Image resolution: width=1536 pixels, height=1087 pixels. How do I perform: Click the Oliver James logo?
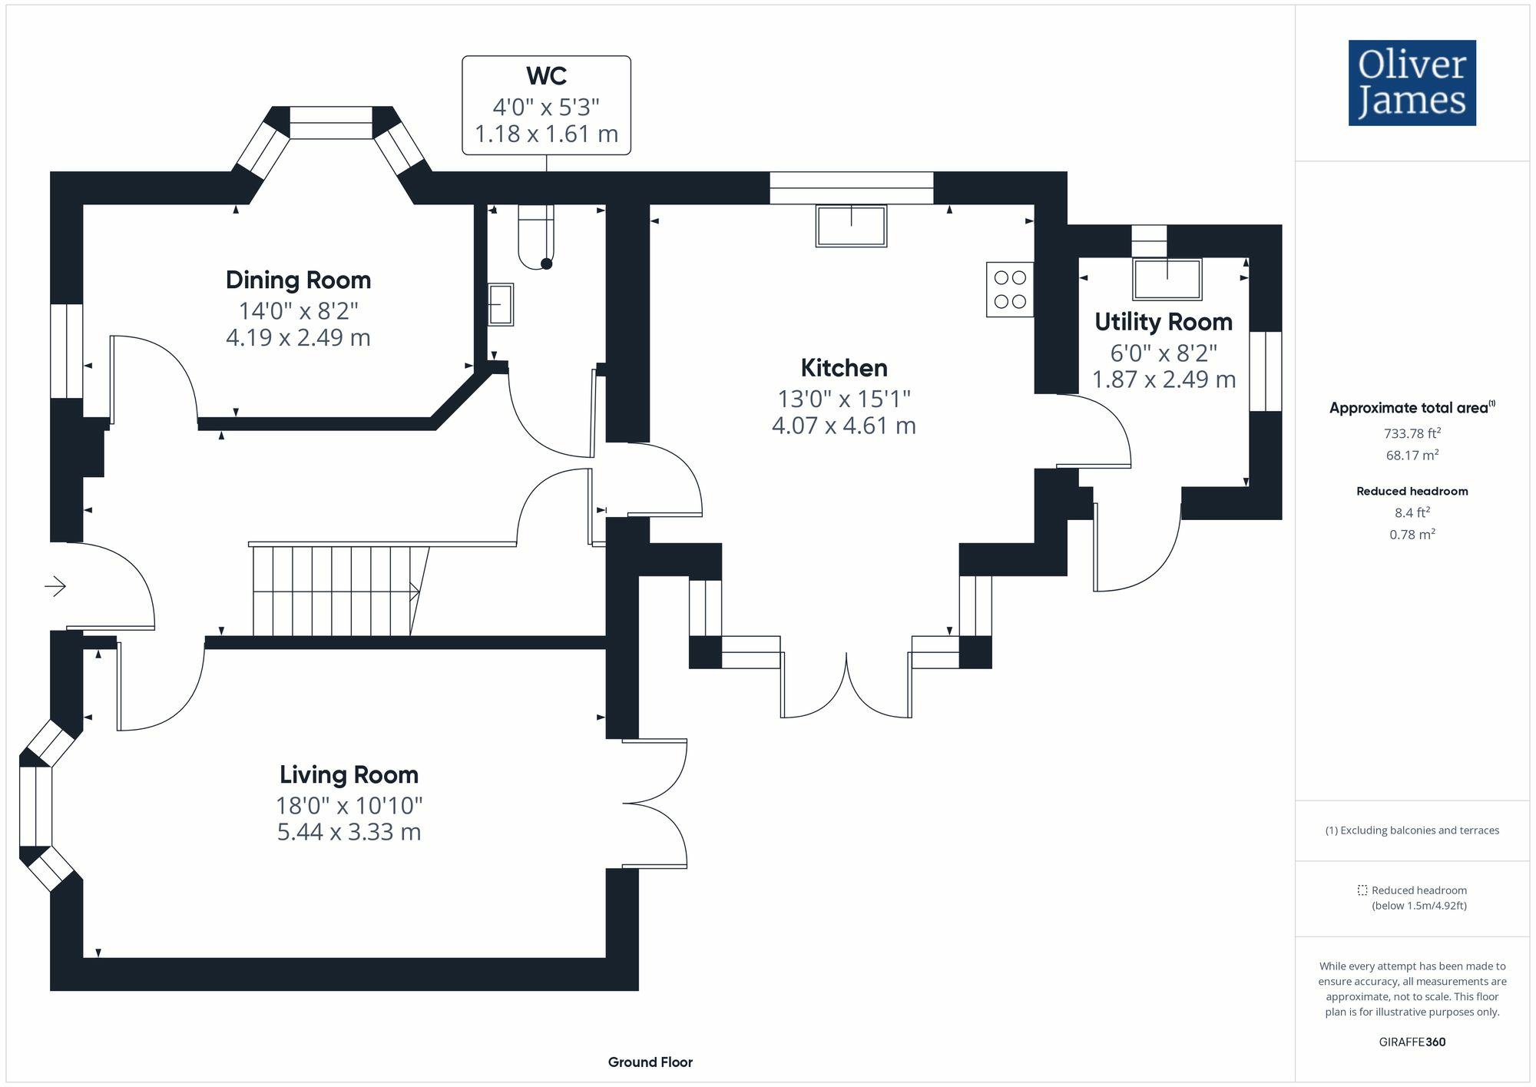click(x=1412, y=83)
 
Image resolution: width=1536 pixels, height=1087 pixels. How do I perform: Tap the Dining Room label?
click(x=298, y=280)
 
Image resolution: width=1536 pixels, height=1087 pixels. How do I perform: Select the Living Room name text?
click(x=349, y=774)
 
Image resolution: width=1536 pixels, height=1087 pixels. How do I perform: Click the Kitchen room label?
click(x=843, y=368)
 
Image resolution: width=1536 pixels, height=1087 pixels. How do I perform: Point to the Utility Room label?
click(x=1163, y=322)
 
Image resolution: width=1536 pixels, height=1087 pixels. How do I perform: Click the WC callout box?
click(x=546, y=105)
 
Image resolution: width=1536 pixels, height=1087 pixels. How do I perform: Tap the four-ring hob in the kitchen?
click(x=1010, y=290)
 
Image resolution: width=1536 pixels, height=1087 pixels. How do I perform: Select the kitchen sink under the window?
click(x=851, y=226)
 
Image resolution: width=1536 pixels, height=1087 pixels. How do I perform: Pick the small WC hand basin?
click(x=500, y=304)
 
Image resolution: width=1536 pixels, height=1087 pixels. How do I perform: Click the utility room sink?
click(x=1167, y=279)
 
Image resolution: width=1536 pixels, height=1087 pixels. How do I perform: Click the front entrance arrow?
click(x=55, y=587)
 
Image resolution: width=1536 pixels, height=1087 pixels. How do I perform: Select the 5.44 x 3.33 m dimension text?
click(x=349, y=832)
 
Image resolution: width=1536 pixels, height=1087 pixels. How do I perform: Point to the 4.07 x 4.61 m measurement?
click(x=843, y=426)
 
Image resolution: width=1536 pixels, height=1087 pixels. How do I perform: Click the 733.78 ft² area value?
click(x=1412, y=433)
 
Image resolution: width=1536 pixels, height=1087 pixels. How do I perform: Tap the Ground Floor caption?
click(x=650, y=1062)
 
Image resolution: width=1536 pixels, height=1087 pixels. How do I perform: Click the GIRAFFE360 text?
click(x=1412, y=1042)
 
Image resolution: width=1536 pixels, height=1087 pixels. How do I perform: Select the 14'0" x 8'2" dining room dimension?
click(x=298, y=311)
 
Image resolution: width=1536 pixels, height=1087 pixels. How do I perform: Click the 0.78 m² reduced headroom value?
click(x=1412, y=534)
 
